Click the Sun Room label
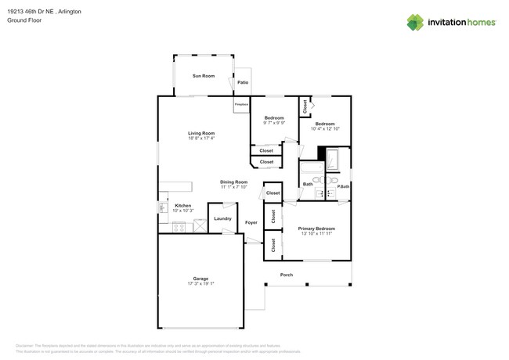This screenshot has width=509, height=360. coord(204,76)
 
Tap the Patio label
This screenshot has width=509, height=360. coord(243,81)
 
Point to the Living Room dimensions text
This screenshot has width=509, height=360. coord(201,139)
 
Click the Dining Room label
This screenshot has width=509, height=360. coord(233,182)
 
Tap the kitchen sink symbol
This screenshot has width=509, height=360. coord(163,208)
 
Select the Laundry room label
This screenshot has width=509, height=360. coord(222,218)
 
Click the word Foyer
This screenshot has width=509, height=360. coord(251,223)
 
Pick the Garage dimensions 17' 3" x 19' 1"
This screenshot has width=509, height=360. coord(201,283)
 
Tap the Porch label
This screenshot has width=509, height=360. coord(286,275)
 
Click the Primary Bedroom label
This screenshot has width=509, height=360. coord(316,229)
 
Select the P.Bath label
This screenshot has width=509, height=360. coord(343,185)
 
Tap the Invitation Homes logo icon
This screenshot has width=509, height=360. coord(415,22)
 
